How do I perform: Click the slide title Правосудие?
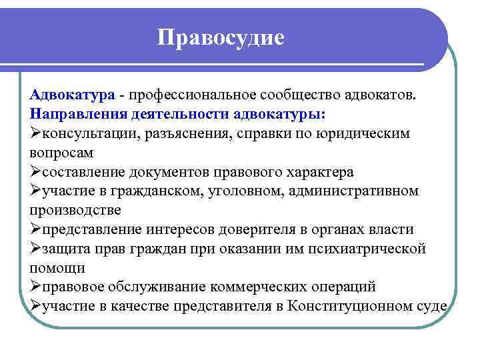tap(221, 37)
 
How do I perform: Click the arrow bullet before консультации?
tap(36, 133)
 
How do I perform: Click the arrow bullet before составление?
tap(36, 171)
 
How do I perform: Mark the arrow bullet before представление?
tap(36, 229)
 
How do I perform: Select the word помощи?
tap(57, 268)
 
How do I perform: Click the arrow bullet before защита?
tap(36, 249)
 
